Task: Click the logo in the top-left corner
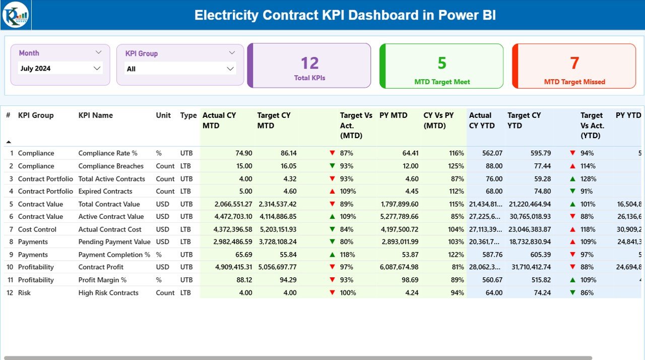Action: point(16,15)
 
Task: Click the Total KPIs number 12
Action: point(309,63)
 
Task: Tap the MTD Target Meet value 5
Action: point(441,63)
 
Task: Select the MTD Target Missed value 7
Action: point(574,63)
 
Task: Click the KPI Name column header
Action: point(96,115)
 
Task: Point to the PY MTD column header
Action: point(393,115)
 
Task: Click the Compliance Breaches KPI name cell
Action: point(111,166)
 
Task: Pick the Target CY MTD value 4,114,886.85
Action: point(278,217)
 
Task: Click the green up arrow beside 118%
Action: point(332,255)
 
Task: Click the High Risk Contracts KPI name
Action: point(108,293)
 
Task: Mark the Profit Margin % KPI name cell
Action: point(102,280)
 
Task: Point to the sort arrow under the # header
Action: point(9,142)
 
